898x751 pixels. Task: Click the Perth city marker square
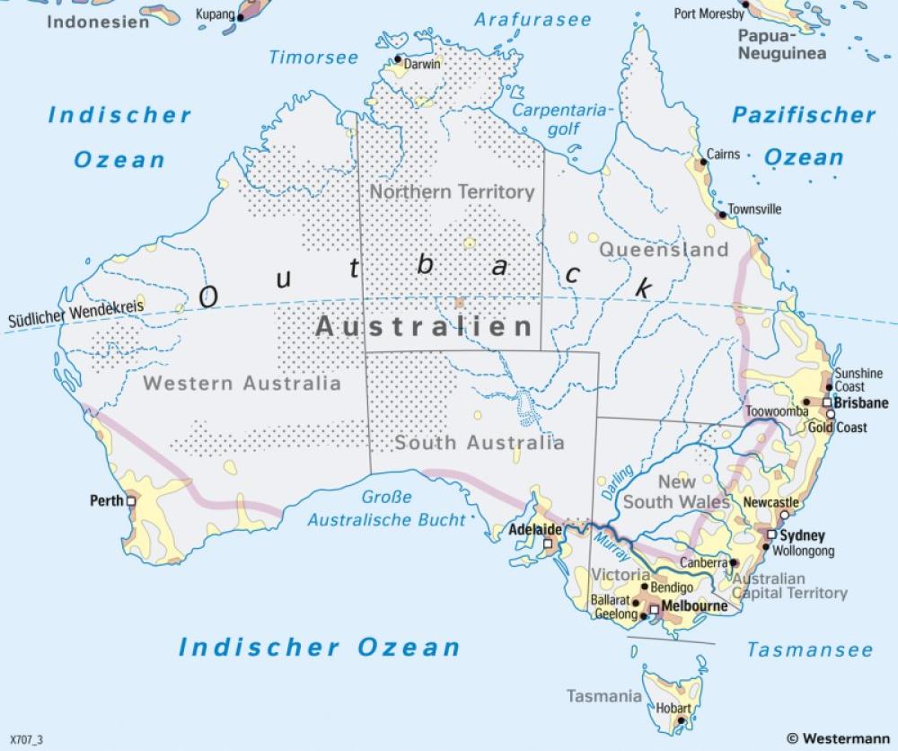pyautogui.click(x=131, y=501)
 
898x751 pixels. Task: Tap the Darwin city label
pyautogui.click(x=422, y=65)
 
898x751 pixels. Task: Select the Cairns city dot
pyautogui.click(x=702, y=163)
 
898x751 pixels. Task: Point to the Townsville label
pyautogui.click(x=754, y=209)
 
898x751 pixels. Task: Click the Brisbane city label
pyautogui.click(x=860, y=402)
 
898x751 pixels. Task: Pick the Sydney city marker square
pyautogui.click(x=770, y=535)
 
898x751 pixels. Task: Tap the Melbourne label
pyautogui.click(x=696, y=606)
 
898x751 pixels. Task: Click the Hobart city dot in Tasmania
pyautogui.click(x=682, y=720)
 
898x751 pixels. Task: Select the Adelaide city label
pyautogui.click(x=535, y=530)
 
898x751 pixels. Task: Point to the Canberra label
pyautogui.click(x=702, y=562)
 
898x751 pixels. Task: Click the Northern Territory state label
pyautogui.click(x=452, y=191)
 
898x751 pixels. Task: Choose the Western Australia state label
pyautogui.click(x=242, y=384)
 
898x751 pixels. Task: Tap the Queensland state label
pyautogui.click(x=664, y=249)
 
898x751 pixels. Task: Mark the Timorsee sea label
pyautogui.click(x=313, y=57)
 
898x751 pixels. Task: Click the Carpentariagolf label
pyautogui.click(x=561, y=119)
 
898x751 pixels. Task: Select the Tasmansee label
pyautogui.click(x=810, y=649)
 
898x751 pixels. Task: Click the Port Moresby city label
pyautogui.click(x=709, y=14)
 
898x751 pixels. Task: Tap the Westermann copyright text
pyautogui.click(x=839, y=738)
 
